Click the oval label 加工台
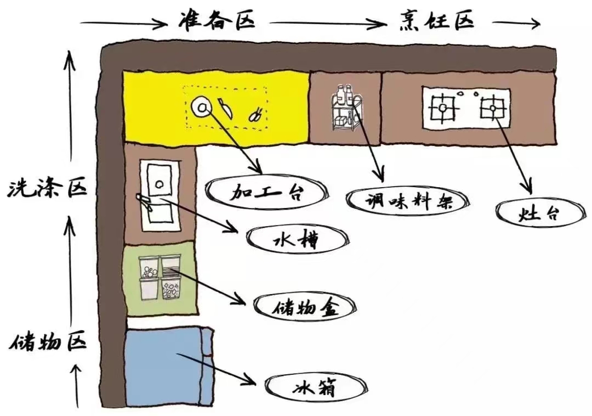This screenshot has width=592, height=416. pos(266,192)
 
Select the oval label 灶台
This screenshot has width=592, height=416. pos(539,213)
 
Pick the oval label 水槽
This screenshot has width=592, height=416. pos(297,239)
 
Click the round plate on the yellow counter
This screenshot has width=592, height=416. pos(201,106)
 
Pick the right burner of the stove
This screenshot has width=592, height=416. pos(492,106)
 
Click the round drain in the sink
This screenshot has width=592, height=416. pos(158,185)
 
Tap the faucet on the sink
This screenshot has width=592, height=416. pos(145,201)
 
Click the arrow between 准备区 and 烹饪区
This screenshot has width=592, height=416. pos(328,24)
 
